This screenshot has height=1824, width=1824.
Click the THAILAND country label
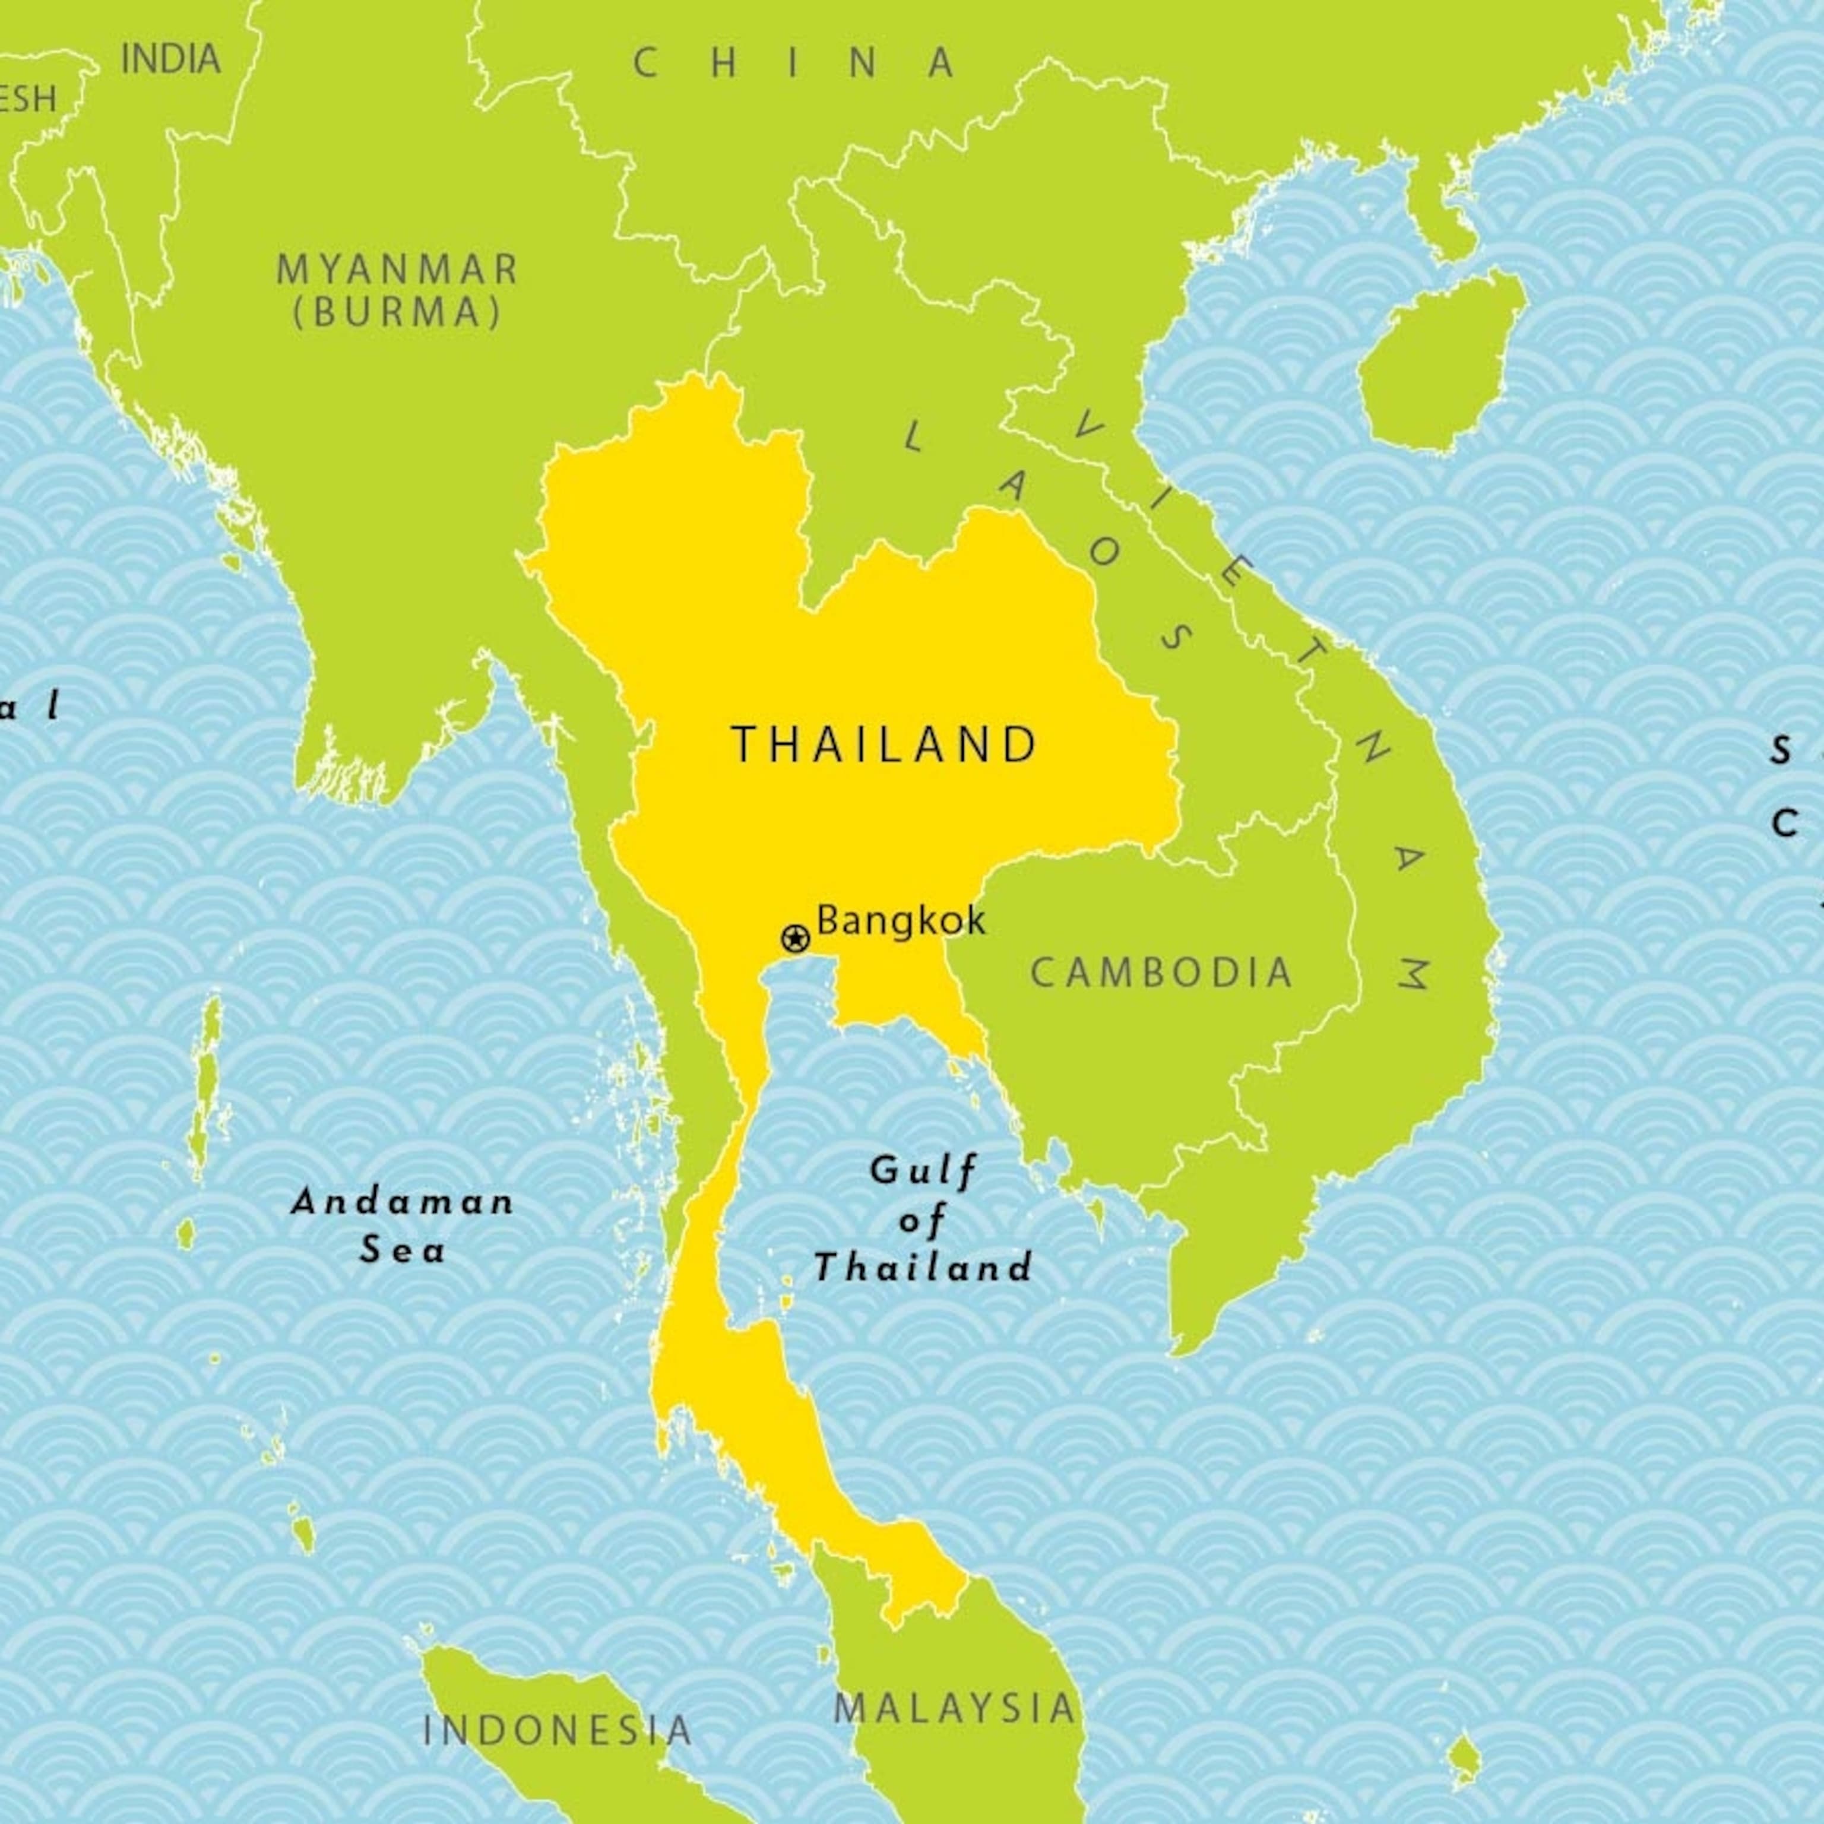pos(885,745)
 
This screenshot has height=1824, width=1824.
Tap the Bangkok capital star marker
pos(795,939)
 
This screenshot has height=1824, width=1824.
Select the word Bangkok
pos(901,920)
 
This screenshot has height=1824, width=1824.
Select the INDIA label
pos(171,59)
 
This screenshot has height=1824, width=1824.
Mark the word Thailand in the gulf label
pos(922,1267)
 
